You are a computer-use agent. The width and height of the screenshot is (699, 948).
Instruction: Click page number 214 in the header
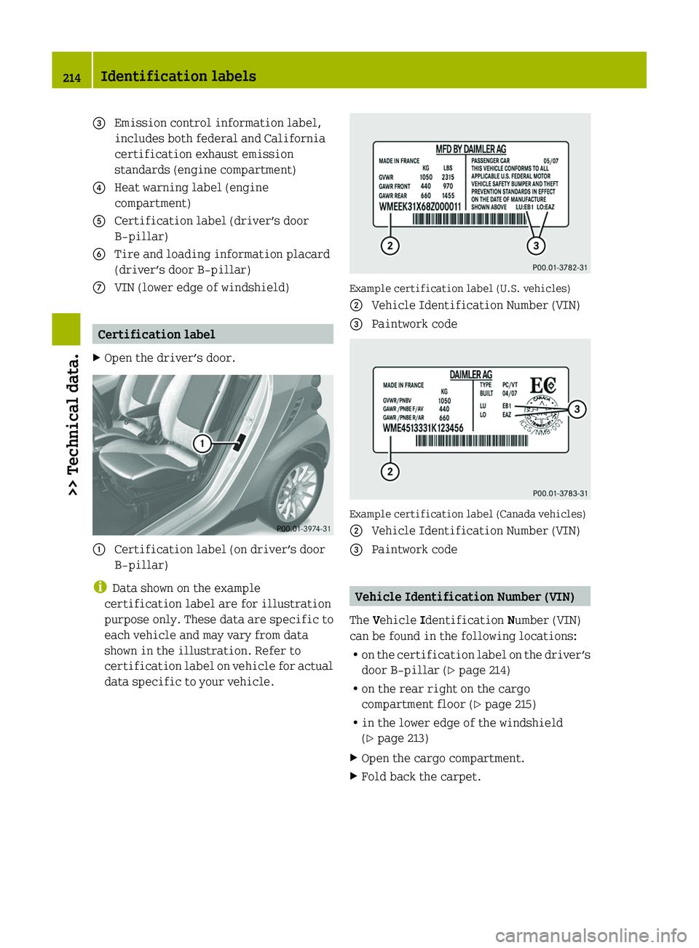click(71, 78)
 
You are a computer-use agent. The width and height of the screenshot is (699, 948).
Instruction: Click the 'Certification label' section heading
click(157, 334)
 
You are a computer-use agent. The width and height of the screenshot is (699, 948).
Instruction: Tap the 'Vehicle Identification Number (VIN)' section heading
click(465, 597)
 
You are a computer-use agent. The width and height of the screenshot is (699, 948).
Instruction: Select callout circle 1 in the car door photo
click(202, 443)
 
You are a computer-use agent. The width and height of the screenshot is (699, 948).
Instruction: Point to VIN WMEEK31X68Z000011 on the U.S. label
click(420, 207)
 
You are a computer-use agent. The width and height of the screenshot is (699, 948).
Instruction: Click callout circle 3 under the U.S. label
click(536, 246)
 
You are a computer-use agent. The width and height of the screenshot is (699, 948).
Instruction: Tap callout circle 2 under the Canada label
click(390, 472)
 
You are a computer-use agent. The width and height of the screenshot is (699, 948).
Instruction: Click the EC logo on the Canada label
click(542, 385)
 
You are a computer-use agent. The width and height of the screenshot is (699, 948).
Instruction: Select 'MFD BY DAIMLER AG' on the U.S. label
click(470, 149)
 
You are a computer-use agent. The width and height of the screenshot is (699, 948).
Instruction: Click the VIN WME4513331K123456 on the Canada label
click(423, 428)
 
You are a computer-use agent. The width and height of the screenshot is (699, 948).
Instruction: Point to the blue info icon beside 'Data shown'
click(100, 587)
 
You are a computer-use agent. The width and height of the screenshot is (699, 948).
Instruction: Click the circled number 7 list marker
click(99, 288)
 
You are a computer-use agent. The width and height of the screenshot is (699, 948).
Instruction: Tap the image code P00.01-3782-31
click(560, 267)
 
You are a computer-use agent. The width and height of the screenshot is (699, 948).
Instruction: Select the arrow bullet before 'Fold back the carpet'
click(354, 776)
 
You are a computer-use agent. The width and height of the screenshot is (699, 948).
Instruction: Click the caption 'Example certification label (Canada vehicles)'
click(467, 514)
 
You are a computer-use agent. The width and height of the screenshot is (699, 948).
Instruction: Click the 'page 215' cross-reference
click(509, 704)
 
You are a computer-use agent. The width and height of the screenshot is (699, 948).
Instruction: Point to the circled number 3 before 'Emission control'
click(99, 123)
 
